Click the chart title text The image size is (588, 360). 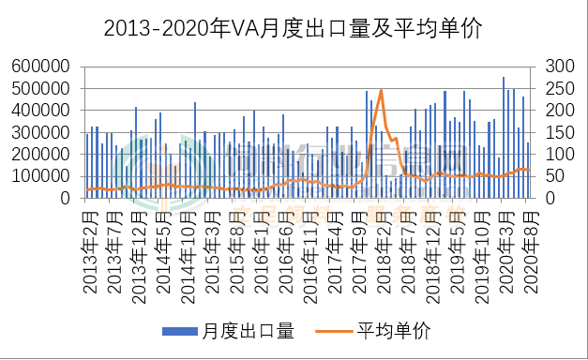[293, 29]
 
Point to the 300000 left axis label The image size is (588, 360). [42, 132]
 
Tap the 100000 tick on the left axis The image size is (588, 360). [42, 176]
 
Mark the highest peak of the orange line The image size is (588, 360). [381, 90]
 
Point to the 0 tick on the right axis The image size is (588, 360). [547, 199]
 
